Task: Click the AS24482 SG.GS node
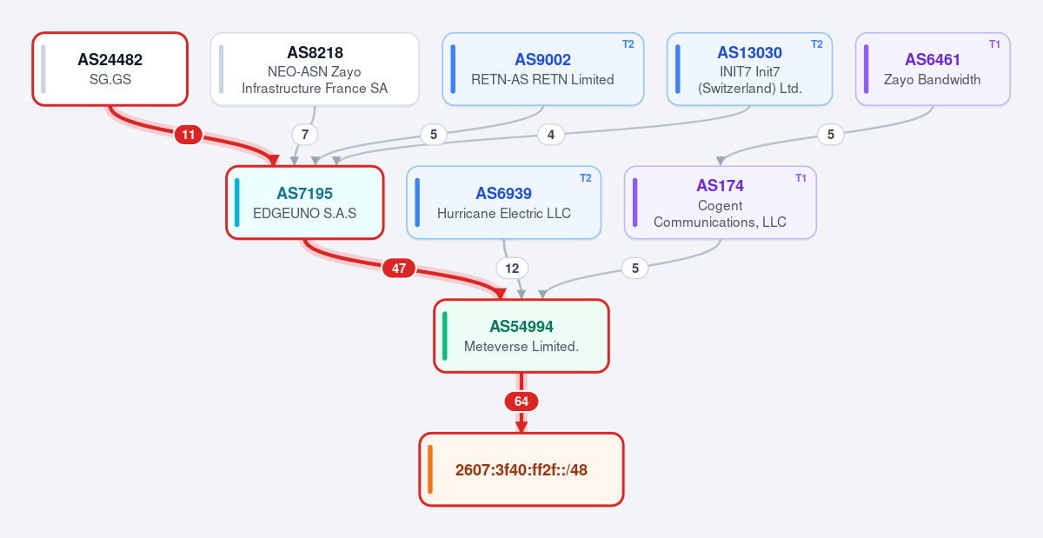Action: pyautogui.click(x=110, y=69)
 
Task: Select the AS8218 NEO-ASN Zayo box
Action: pyautogui.click(x=315, y=69)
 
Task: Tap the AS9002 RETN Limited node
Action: pyautogui.click(x=543, y=69)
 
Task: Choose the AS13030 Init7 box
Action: pyautogui.click(x=749, y=69)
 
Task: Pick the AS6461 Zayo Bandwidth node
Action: pyautogui.click(x=933, y=69)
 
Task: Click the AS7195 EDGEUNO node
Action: pyautogui.click(x=305, y=203)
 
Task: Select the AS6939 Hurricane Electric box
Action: pyautogui.click(x=504, y=203)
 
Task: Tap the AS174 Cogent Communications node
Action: pyautogui.click(x=721, y=203)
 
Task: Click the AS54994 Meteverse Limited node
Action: pyautogui.click(x=521, y=335)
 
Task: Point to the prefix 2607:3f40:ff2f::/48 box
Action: pyautogui.click(x=521, y=469)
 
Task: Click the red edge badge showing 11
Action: pyautogui.click(x=188, y=135)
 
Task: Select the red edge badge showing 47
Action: pyautogui.click(x=399, y=269)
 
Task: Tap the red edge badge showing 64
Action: pyautogui.click(x=521, y=402)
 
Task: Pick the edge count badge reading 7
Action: pyautogui.click(x=305, y=135)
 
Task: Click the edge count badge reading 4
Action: pyautogui.click(x=551, y=135)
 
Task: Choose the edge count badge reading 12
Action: pyautogui.click(x=512, y=269)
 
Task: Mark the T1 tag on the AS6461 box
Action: pyautogui.click(x=994, y=44)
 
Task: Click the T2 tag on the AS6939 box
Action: pyautogui.click(x=585, y=178)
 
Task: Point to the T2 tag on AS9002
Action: pyautogui.click(x=628, y=44)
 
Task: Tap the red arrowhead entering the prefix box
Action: pyautogui.click(x=521, y=427)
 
